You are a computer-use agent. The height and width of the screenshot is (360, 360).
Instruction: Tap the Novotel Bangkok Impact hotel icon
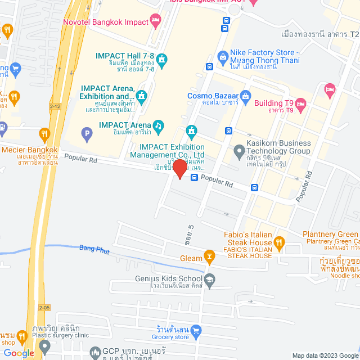pos(156,22)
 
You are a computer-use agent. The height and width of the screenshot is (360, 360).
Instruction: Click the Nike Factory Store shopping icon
pos(223,57)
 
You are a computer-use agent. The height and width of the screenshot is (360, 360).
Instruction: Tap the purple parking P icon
pos(86,134)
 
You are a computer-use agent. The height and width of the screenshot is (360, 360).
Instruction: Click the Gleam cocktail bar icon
pos(210,258)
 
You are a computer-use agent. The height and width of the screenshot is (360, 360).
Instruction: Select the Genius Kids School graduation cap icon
pos(210,278)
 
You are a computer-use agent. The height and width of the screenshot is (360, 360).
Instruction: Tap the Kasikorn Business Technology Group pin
pos(239,150)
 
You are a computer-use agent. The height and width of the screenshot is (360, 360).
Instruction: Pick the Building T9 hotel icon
pos(301,103)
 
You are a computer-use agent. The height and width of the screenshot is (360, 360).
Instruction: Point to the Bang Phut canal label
pos(94,248)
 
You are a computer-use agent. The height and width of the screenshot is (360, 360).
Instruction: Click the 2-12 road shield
pos(55,106)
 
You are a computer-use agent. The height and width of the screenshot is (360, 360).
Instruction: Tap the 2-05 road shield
pos(44,307)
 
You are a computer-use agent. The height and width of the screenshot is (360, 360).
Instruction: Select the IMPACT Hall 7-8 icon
pos(162,59)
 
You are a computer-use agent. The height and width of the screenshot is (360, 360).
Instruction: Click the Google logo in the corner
pos(19,353)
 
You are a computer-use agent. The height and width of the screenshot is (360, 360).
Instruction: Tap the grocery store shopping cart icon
pos(196,330)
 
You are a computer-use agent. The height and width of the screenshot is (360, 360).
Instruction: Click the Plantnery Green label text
pos(330,234)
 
